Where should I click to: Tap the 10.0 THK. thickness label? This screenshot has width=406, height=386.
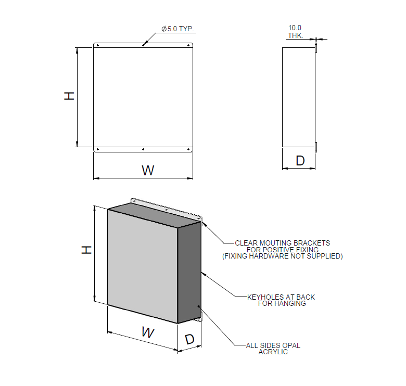click(295, 32)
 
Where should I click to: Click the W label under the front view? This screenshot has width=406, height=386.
click(148, 170)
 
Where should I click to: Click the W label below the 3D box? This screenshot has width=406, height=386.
click(148, 332)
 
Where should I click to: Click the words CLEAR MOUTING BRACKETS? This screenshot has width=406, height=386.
click(282, 243)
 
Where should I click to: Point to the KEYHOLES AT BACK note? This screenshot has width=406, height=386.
click(281, 297)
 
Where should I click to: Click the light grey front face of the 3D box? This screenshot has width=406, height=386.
click(142, 265)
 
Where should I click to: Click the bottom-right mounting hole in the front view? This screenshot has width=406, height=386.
click(188, 150)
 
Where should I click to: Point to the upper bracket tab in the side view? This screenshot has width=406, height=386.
click(316, 48)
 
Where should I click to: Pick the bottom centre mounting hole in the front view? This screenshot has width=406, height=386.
click(143, 150)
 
